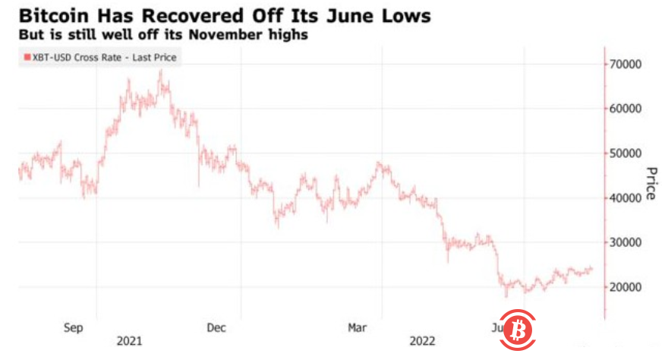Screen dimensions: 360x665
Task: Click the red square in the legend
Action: coord(27,57)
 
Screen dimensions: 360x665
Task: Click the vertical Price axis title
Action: coord(650,183)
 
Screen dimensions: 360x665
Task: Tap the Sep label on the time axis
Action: coord(73,327)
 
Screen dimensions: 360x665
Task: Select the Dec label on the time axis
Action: coord(216,327)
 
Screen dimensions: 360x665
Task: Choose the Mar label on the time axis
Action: coord(358,327)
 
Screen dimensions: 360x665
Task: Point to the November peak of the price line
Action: coord(160,71)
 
